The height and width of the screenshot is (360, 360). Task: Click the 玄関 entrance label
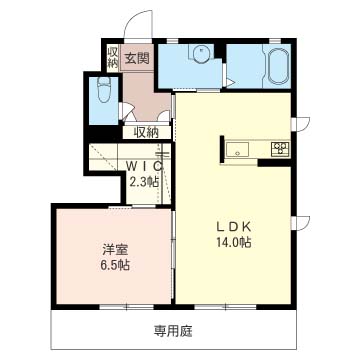click(x=137, y=59)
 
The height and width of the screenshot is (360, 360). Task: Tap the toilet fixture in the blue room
click(x=104, y=90)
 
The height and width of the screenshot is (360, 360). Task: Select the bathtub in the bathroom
click(x=277, y=66)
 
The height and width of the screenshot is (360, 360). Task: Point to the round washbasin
click(x=201, y=53)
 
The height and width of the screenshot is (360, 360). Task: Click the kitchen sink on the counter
click(x=237, y=148)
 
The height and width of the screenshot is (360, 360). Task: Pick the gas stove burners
click(x=280, y=148)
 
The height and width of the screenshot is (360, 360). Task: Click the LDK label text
click(x=234, y=227)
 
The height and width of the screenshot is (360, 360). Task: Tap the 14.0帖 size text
click(x=234, y=243)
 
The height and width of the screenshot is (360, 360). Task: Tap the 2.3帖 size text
click(x=144, y=182)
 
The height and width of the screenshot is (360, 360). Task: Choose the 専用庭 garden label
click(x=173, y=331)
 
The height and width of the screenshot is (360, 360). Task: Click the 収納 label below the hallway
click(x=146, y=133)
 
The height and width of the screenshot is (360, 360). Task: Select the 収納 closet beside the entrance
click(x=113, y=57)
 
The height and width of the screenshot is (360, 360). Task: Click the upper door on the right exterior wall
click(x=301, y=124)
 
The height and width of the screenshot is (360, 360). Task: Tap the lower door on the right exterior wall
click(x=301, y=223)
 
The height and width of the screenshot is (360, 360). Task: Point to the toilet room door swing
click(x=126, y=111)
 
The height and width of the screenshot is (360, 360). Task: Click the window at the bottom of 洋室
click(x=127, y=307)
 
